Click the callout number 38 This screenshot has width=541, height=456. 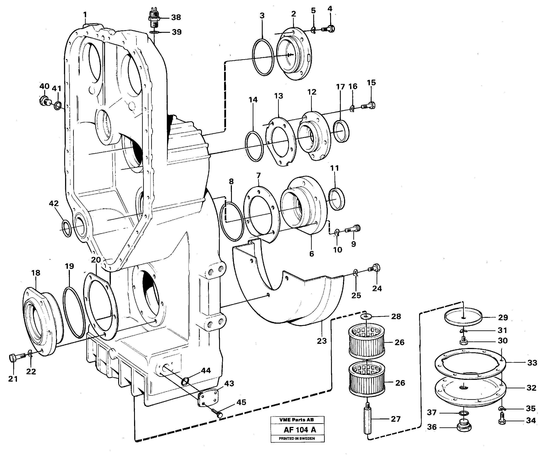point(176,17)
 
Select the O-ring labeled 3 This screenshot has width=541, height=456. point(263,57)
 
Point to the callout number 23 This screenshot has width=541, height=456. point(322,341)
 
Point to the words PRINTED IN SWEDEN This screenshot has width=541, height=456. point(297,438)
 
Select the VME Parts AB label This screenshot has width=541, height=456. point(297,420)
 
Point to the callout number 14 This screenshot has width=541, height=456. point(253,100)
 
